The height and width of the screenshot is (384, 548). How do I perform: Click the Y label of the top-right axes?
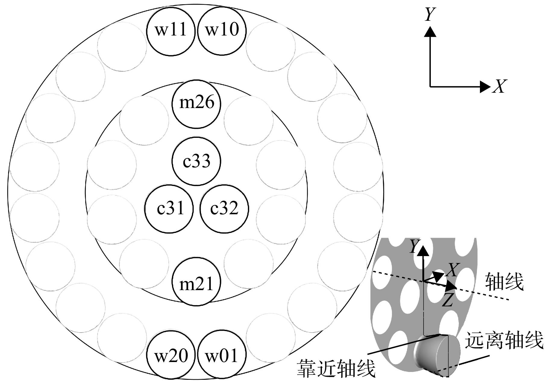pyautogui.click(x=430, y=14)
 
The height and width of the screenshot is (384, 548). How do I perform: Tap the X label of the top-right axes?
pyautogui.click(x=499, y=86)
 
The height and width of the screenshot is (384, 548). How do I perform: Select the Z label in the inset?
pyautogui.click(x=448, y=300)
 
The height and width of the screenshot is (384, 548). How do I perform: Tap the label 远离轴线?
pyautogui.click(x=504, y=340)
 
